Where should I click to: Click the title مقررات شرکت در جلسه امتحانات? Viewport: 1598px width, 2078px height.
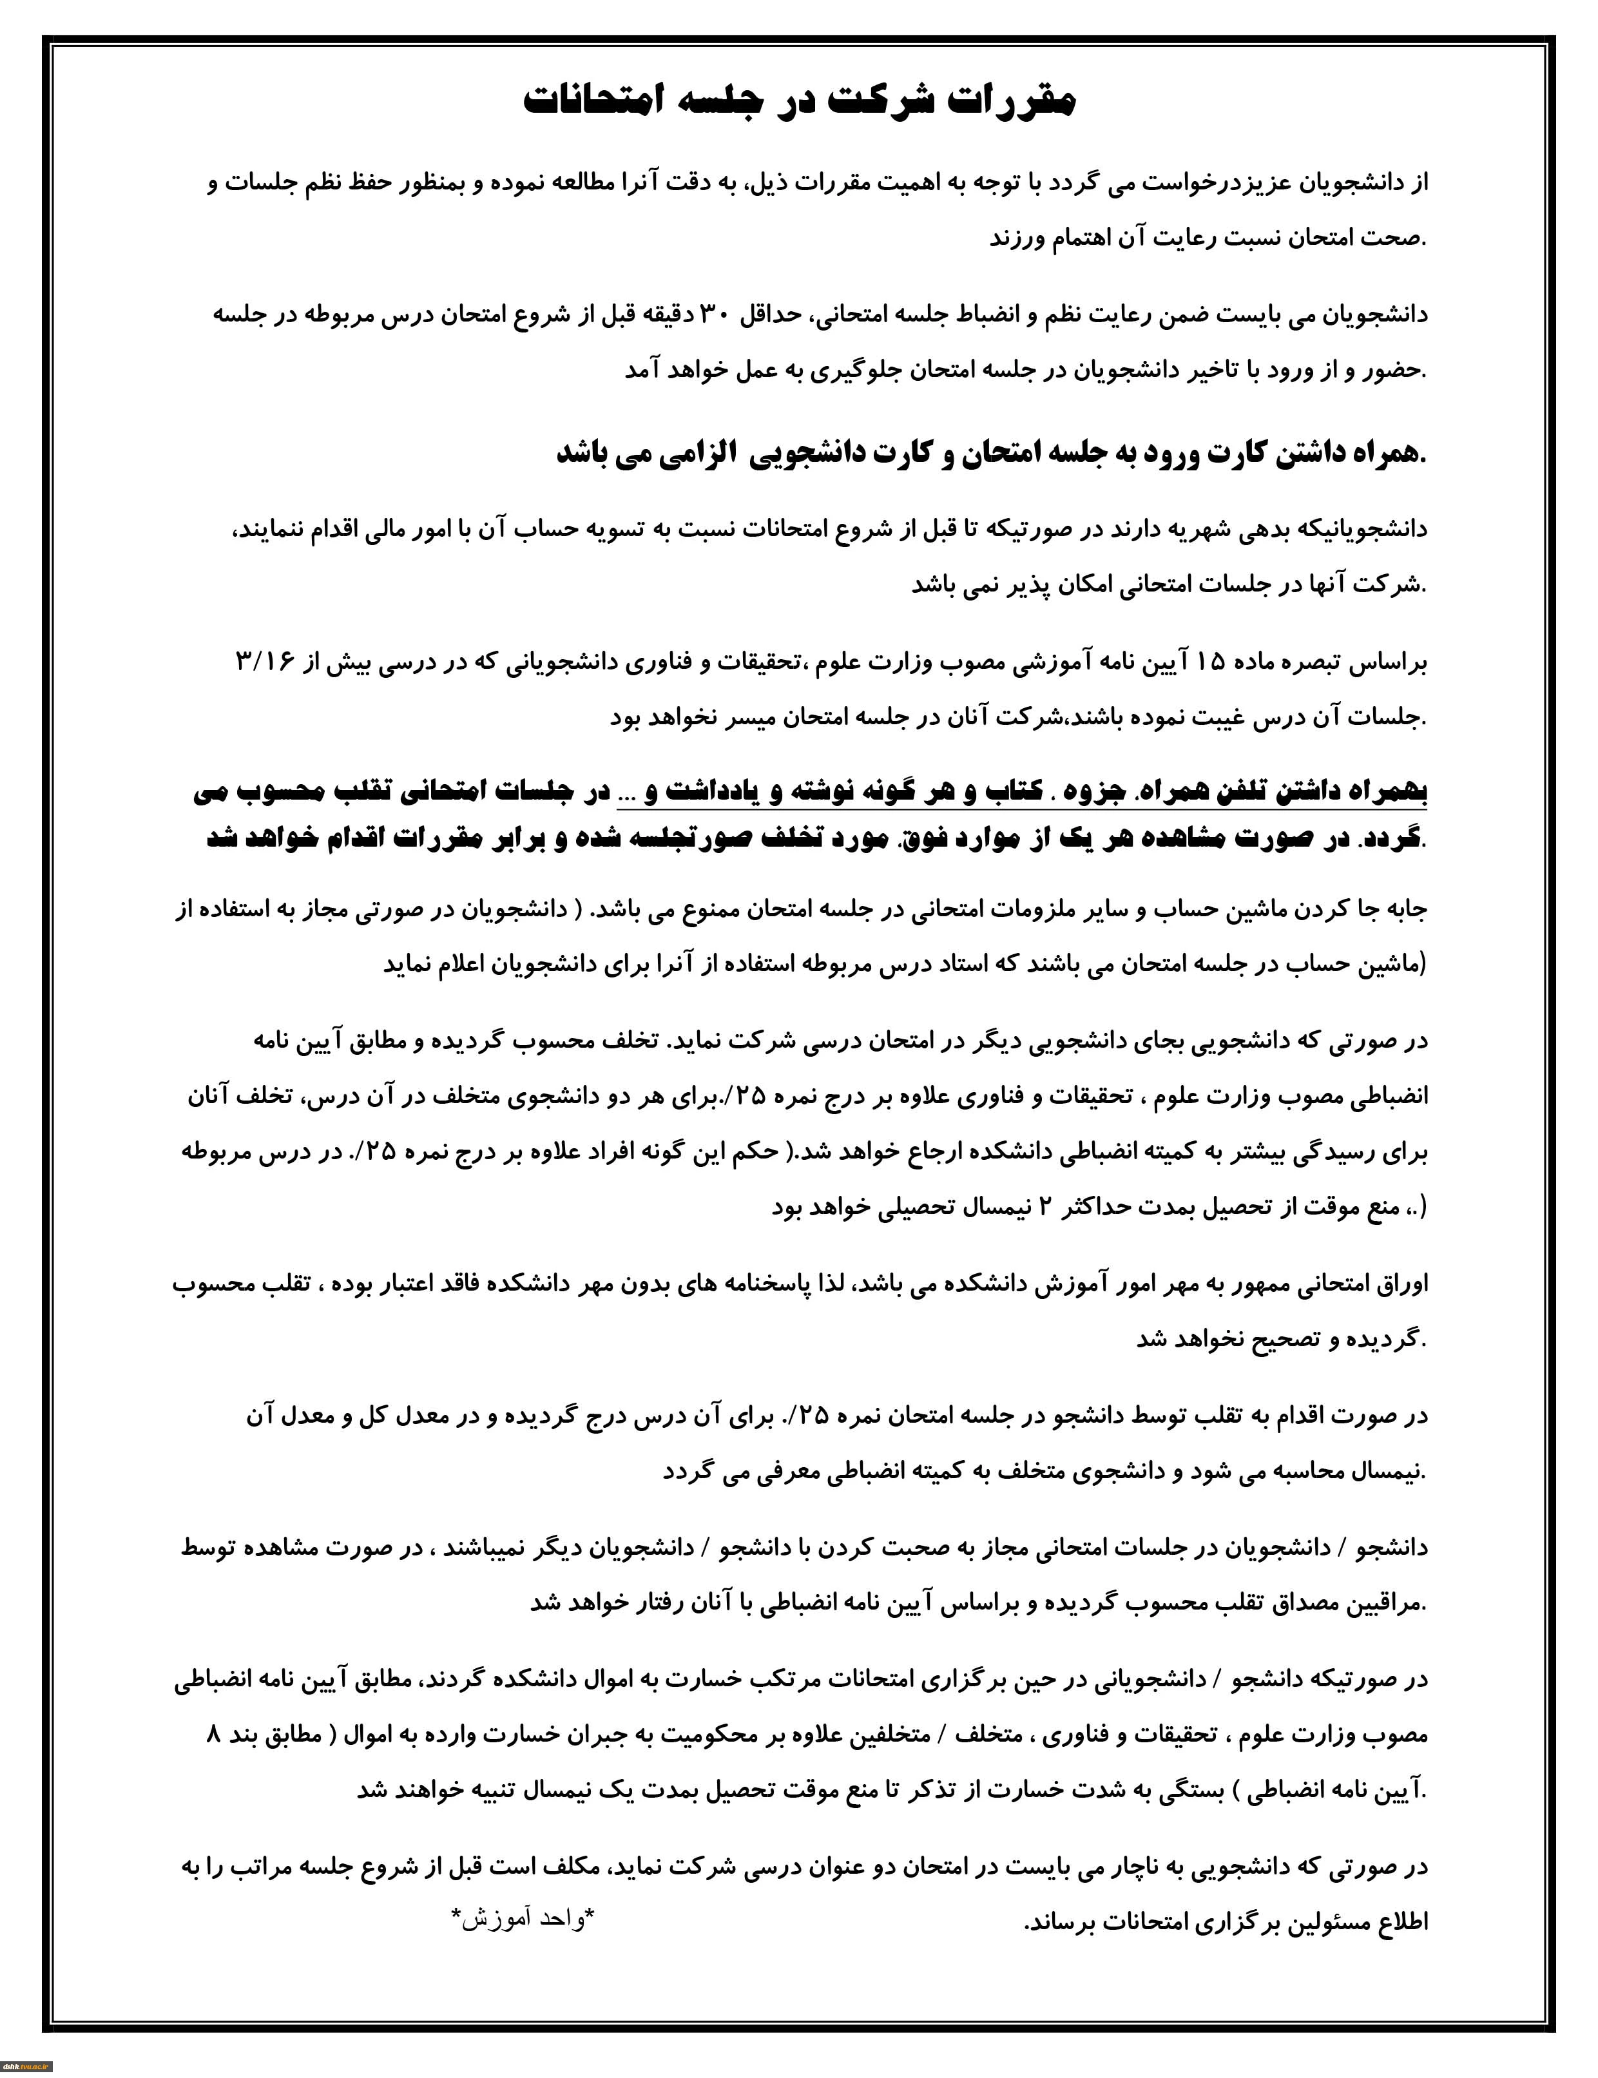click(x=799, y=101)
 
